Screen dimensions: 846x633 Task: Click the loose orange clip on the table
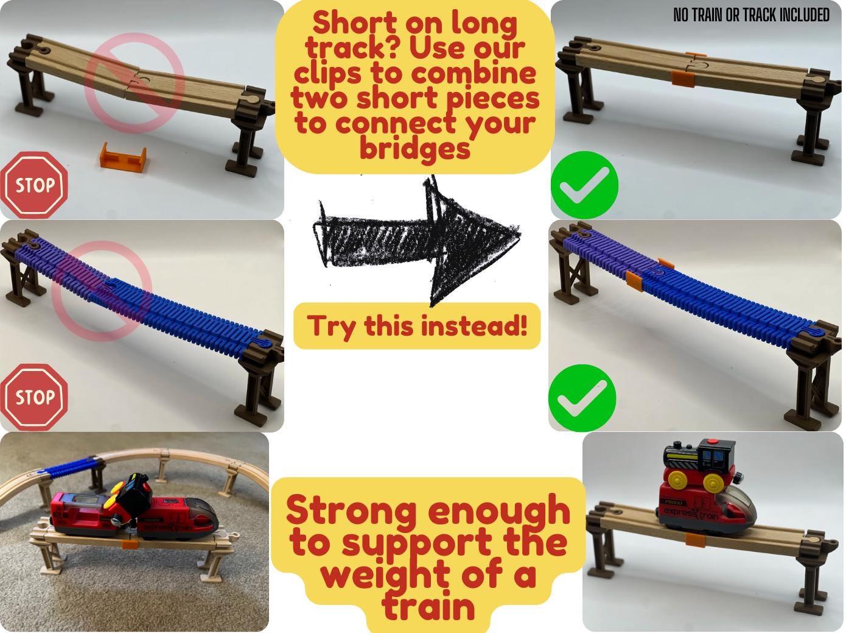(x=123, y=156)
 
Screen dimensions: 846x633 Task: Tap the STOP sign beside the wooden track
(x=34, y=185)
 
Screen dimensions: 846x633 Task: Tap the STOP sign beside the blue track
(x=34, y=397)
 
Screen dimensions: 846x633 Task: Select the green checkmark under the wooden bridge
(x=584, y=185)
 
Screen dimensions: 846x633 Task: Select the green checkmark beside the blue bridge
(x=582, y=398)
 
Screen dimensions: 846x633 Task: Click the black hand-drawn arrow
(x=416, y=240)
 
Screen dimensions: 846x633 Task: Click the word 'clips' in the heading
(x=328, y=73)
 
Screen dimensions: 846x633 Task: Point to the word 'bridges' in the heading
(x=414, y=148)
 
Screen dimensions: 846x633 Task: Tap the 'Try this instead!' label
(x=417, y=326)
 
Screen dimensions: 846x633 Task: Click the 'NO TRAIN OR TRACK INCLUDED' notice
(x=751, y=15)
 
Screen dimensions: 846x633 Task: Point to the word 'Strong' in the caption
(x=351, y=511)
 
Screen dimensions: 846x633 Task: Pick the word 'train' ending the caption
(x=428, y=606)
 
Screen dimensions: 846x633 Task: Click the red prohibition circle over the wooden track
(x=135, y=82)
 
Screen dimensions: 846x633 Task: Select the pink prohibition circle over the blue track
(x=102, y=291)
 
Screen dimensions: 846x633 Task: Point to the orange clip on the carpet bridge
(x=130, y=544)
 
